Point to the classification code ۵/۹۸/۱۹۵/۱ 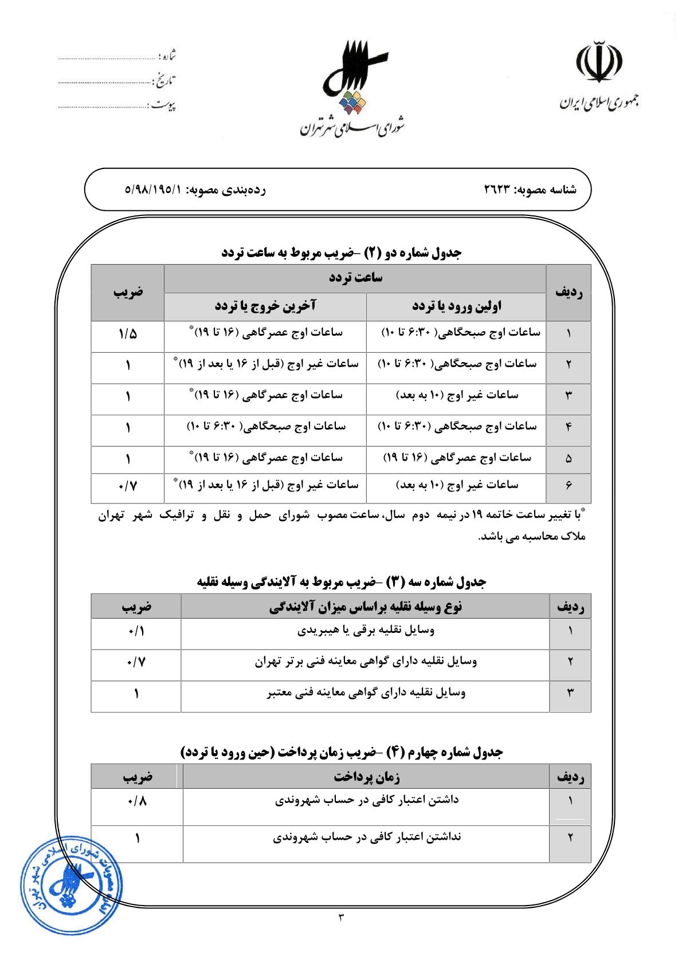coord(152,189)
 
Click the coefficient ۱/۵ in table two coord(128,333)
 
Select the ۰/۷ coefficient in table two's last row coord(128,486)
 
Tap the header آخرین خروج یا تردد coord(265,306)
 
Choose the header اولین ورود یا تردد coord(457,306)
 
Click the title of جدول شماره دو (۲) coord(342,252)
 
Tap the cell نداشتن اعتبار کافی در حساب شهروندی coord(366,837)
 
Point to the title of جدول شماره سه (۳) coord(342,582)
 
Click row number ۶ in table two coord(569,486)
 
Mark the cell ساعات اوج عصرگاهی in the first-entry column coord(457,458)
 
